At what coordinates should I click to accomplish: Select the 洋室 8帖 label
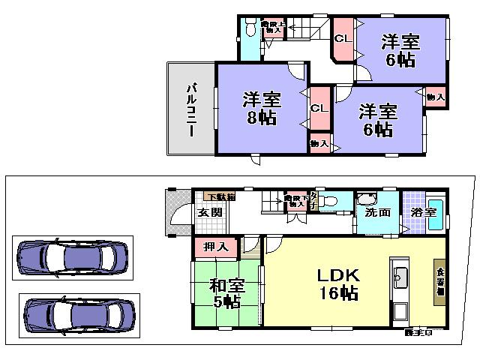point(259,108)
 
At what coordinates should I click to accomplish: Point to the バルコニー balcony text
point(190,109)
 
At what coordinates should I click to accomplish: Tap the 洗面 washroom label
point(377,212)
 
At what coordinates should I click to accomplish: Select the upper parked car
point(73,258)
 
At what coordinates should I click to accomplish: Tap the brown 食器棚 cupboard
point(438,281)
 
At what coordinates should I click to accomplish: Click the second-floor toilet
point(250,31)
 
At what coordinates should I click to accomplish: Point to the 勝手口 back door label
point(418,331)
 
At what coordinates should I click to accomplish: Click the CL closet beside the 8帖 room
point(319,108)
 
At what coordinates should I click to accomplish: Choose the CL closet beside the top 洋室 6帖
point(343,38)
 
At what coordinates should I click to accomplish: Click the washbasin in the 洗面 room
point(367,200)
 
